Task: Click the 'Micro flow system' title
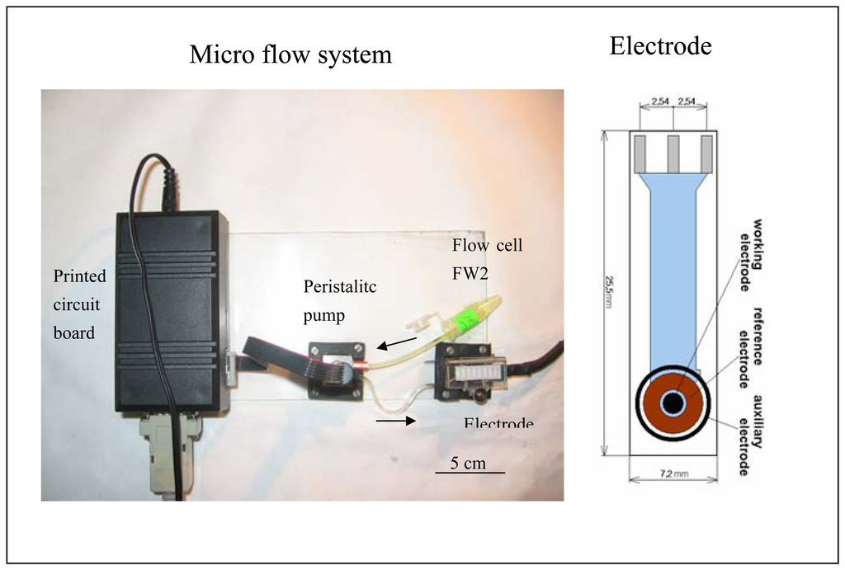tap(290, 55)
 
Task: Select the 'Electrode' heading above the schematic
tap(660, 46)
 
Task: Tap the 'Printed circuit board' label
tap(80, 304)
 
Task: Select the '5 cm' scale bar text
tap(469, 463)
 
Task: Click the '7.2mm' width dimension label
tap(673, 474)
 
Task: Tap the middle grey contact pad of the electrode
tap(673, 153)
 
